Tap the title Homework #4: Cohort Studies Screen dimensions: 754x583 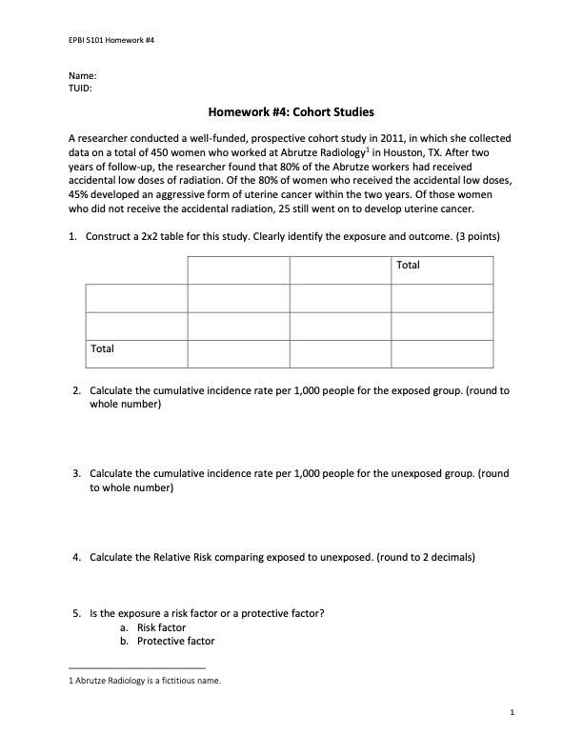291,111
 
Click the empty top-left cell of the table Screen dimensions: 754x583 136,270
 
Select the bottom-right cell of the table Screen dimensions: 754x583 442,353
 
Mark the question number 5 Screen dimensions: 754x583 76,614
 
